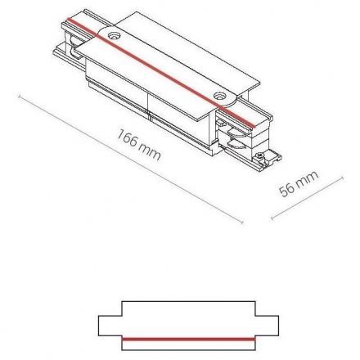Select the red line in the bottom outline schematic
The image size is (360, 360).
point(179,336)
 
